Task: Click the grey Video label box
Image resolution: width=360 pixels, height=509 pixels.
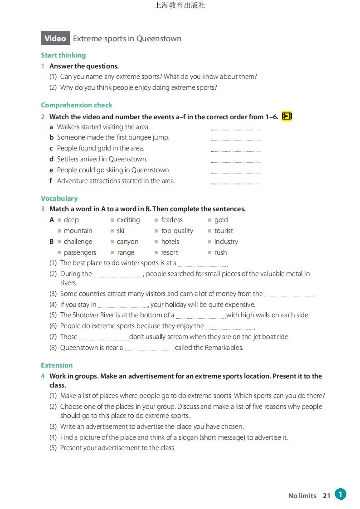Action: (55, 39)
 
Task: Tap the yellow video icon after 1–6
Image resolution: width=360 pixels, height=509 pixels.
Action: (287, 116)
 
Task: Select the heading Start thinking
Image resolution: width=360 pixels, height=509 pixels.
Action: (63, 55)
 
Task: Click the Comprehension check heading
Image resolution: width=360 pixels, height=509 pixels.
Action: (77, 105)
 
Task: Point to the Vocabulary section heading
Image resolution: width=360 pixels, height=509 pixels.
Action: (59, 199)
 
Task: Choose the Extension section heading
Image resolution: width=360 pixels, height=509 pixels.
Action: (57, 365)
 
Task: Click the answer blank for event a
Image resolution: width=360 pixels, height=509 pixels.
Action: (235, 128)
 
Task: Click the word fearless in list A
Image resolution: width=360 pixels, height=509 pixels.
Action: (172, 220)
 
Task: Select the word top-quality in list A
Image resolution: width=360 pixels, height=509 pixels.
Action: (177, 231)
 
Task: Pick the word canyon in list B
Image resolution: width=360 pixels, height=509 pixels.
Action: (127, 242)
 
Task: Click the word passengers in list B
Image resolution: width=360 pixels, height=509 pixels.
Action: (80, 252)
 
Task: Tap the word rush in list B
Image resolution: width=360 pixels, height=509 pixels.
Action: (220, 252)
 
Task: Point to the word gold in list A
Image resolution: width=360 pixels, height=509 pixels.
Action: (221, 220)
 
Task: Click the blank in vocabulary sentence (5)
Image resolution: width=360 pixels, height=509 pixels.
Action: (200, 316)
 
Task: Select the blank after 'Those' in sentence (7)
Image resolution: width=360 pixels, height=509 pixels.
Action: (104, 338)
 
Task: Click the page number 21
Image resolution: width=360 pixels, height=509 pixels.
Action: (326, 496)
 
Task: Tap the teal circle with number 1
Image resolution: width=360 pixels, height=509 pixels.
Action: (341, 494)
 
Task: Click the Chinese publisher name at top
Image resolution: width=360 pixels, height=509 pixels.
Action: (180, 5)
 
